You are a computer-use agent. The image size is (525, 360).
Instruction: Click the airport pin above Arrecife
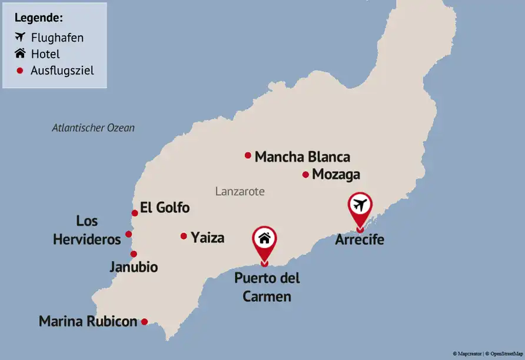pos(360,206)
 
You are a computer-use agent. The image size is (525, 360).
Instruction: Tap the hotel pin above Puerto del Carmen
pos(264,239)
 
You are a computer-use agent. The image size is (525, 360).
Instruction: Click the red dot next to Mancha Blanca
pos(248,155)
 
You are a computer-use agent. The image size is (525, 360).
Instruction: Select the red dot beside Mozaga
pos(305,174)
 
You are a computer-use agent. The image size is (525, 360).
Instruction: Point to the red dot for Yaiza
pos(184,236)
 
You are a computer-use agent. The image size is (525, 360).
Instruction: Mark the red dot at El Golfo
pos(135,213)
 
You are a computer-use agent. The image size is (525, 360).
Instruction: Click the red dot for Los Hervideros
pos(129,234)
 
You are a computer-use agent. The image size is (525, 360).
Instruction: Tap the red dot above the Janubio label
pos(134,254)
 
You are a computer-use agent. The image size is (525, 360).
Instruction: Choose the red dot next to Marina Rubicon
pos(144,322)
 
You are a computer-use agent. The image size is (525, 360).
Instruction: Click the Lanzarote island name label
pos(240,191)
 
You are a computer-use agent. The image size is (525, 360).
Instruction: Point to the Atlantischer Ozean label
pos(93,128)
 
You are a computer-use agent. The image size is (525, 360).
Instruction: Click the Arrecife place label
pos(360,239)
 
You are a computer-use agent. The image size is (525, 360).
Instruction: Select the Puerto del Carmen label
pos(267,287)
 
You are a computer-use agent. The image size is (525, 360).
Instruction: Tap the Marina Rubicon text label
pos(88,322)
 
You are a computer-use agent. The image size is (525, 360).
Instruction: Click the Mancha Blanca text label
pos(302,157)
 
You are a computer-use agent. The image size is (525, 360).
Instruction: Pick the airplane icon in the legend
pos(21,38)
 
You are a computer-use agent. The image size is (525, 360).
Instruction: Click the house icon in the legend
pos(21,54)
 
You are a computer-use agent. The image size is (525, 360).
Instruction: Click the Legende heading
pos(39,18)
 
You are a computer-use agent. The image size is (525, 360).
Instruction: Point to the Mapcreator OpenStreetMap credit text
pos(487,354)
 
